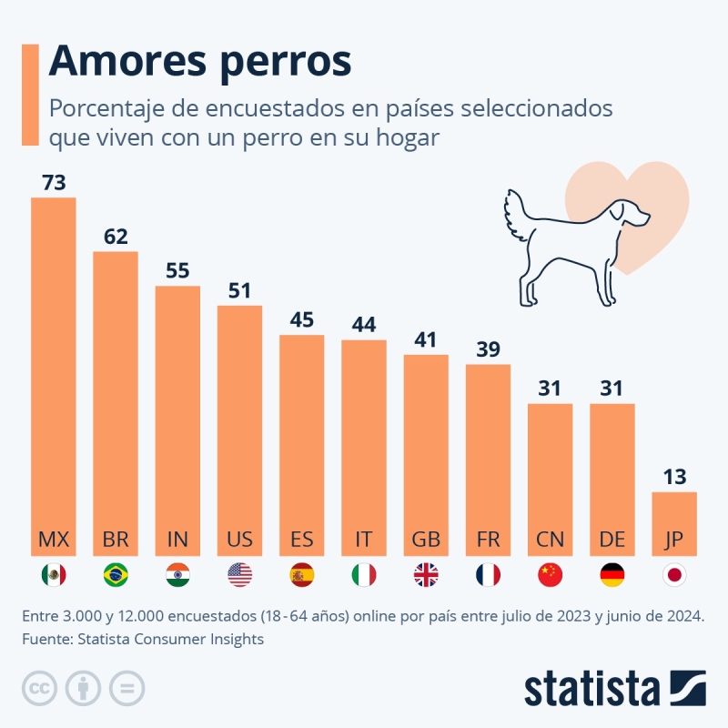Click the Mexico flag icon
coord(54,575)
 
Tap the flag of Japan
coord(674,575)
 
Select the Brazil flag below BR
coord(116,575)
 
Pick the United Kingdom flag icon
coord(426,575)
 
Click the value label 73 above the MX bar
coord(54,183)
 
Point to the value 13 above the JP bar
coord(674,477)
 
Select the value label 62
coord(116,237)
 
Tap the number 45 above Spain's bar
coord(302,320)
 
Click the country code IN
coord(177,539)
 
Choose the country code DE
coord(612,539)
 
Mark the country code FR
coord(488,539)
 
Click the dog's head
coord(632,214)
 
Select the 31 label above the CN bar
coord(550,388)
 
